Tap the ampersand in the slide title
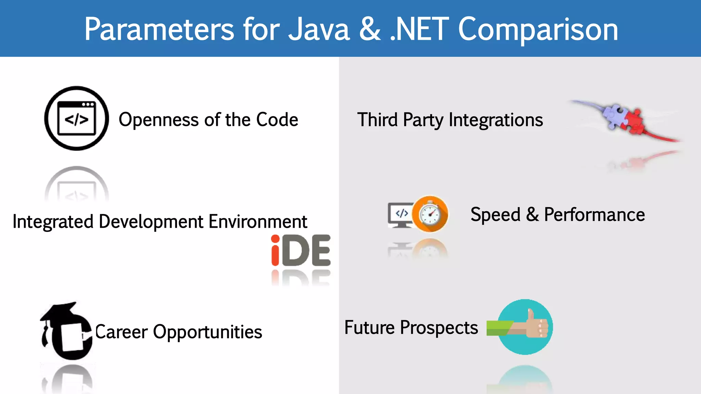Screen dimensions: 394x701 point(370,30)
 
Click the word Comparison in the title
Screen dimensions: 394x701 point(538,30)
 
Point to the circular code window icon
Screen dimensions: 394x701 point(77,118)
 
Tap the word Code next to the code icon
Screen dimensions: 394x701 point(277,120)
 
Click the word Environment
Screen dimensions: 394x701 point(258,222)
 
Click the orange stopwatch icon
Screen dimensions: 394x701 point(430,214)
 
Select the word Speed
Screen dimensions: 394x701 point(495,215)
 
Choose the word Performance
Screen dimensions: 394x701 point(594,215)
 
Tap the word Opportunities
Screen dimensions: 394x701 point(207,332)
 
